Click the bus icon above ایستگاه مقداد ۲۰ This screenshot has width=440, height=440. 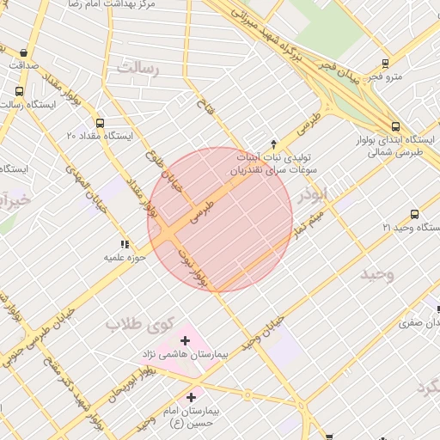tap(101, 123)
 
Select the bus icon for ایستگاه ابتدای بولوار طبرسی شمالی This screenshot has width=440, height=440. tap(432, 125)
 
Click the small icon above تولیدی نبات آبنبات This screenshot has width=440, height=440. tap(273, 144)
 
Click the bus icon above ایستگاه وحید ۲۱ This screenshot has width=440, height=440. tap(415, 214)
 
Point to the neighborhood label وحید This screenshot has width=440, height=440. tap(376, 274)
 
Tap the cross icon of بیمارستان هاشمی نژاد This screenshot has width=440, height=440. tap(185, 340)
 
